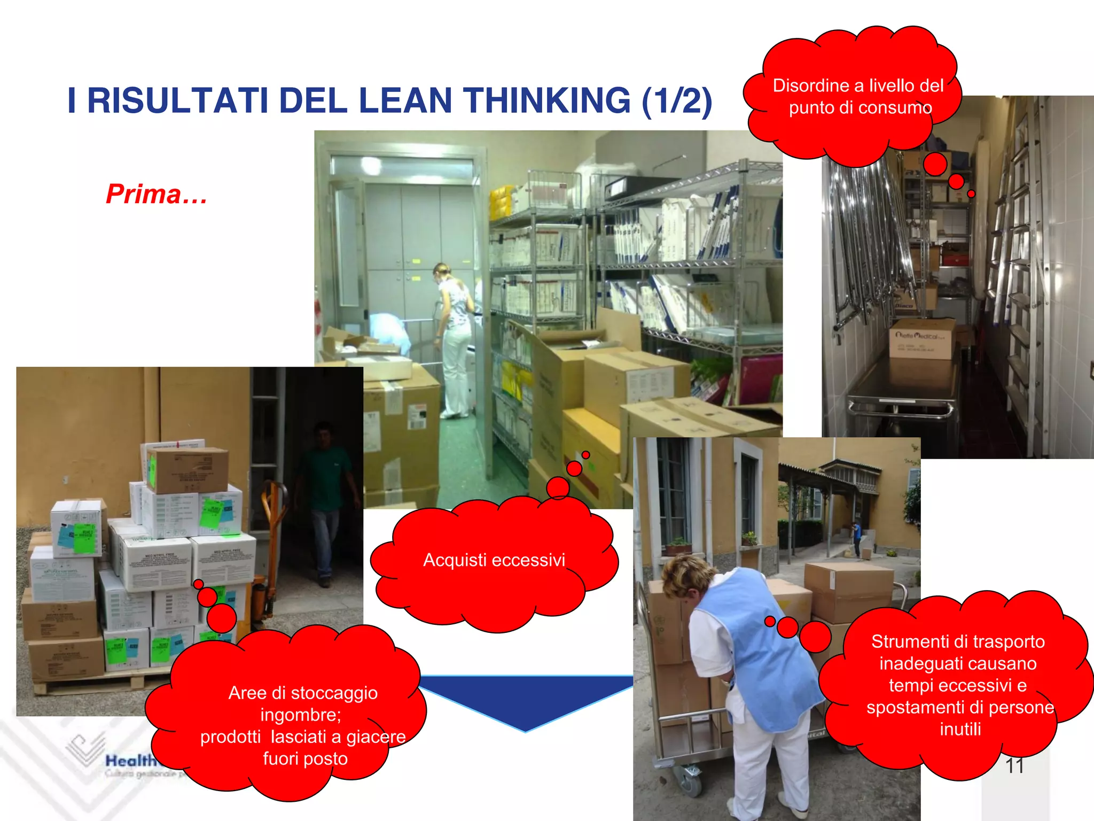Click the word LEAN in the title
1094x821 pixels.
405,101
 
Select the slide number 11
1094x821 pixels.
1014,765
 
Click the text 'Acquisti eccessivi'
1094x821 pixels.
494,560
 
